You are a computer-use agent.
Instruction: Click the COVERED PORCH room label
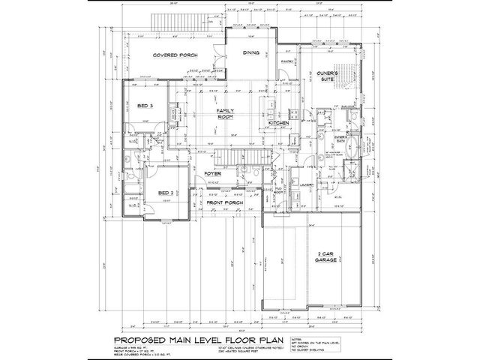coord(174,56)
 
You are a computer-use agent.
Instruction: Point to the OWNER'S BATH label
coord(340,140)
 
